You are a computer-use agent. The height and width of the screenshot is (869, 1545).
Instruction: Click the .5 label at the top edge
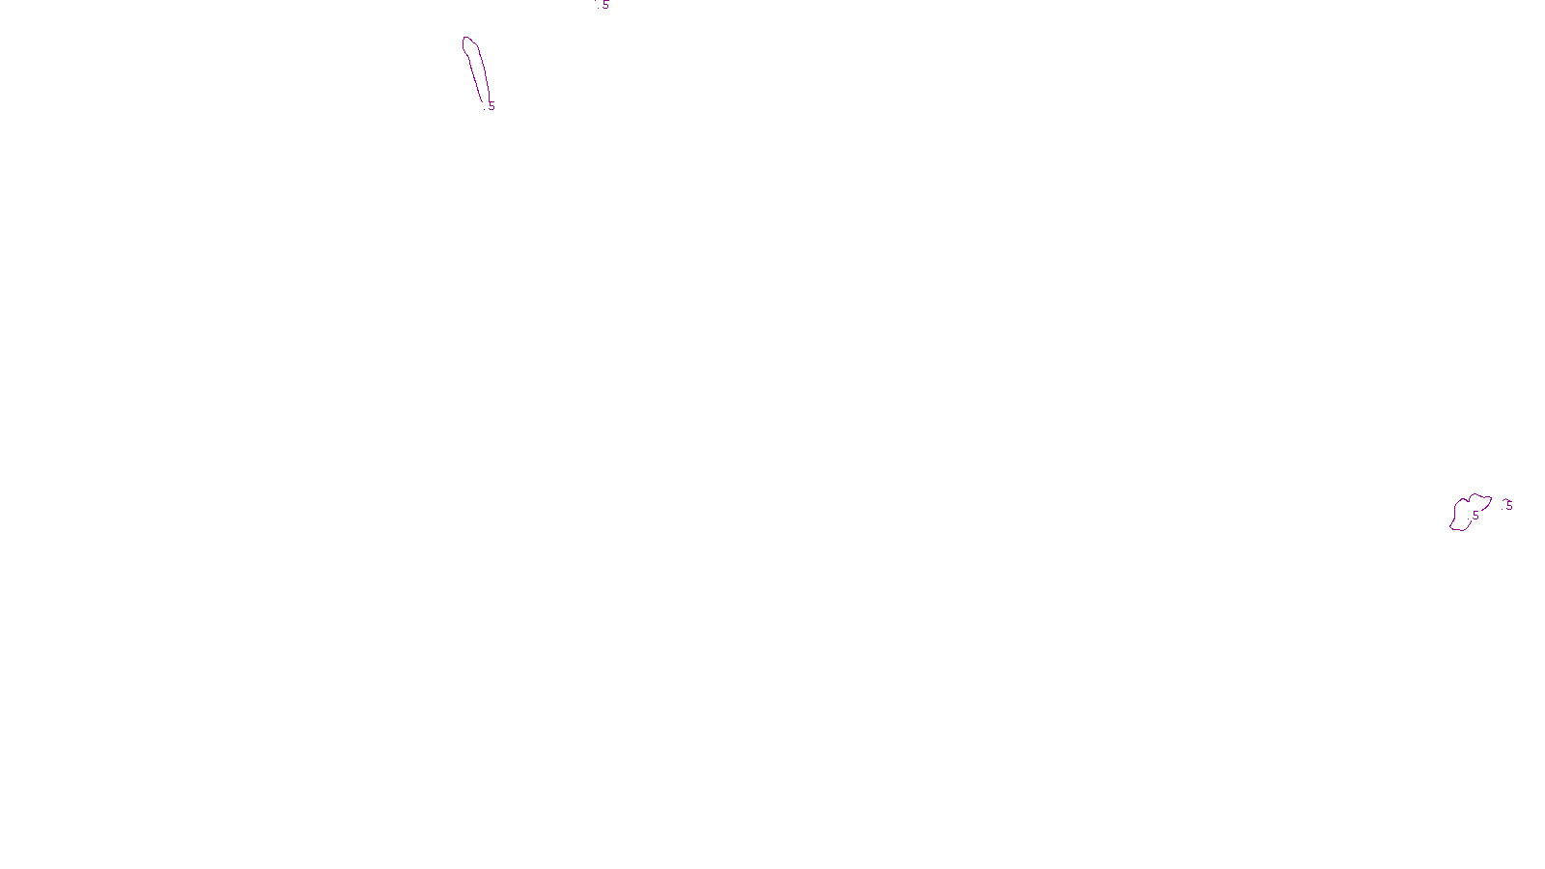[x=604, y=5]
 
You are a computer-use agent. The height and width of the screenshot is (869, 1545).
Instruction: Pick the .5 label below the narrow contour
[x=491, y=105]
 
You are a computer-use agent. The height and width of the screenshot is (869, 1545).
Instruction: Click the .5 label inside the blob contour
[x=1475, y=516]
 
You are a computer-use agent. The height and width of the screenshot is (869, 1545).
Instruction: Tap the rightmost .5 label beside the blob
[x=1508, y=505]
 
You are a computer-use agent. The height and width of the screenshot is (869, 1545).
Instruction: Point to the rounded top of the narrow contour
[x=468, y=39]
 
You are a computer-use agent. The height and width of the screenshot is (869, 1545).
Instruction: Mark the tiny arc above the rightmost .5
[x=1504, y=499]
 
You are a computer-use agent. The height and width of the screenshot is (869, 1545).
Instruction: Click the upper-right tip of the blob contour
[x=1490, y=498]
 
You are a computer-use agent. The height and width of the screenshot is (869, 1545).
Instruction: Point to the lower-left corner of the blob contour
[x=1452, y=528]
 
